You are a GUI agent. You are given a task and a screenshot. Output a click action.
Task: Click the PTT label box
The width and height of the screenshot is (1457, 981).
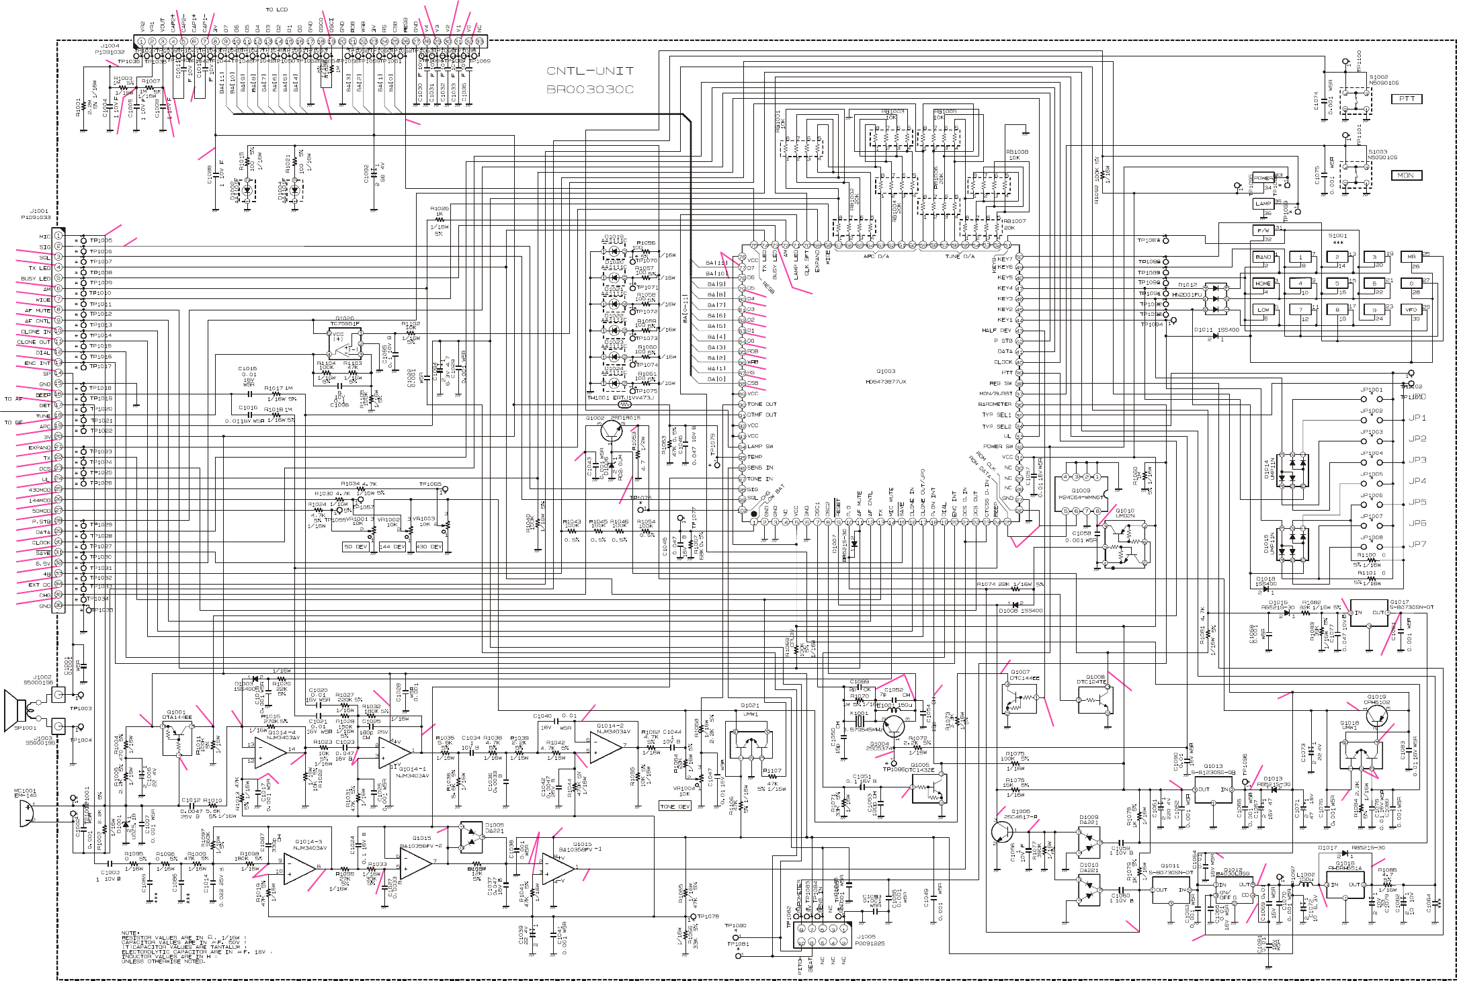coord(1407,99)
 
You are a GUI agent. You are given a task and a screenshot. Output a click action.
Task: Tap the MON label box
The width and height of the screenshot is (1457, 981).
coord(1405,175)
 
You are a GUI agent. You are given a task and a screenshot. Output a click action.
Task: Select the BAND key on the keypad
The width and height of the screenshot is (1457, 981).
coord(1263,257)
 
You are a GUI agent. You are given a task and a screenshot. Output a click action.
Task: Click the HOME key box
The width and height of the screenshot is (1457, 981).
coord(1263,284)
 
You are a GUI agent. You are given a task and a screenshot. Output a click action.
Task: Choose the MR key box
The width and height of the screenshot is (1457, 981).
coord(1411,257)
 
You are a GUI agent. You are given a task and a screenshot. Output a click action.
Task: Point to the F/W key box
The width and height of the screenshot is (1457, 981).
coord(1263,230)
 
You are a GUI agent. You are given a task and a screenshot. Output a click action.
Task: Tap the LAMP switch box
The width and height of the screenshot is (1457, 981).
coord(1263,204)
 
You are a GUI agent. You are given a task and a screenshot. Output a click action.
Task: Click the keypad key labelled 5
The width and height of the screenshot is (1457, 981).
coord(1337,284)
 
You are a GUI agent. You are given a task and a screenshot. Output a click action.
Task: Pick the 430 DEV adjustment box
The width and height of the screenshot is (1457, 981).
coord(429,547)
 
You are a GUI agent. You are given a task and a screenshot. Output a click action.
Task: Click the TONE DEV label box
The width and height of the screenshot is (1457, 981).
coord(675,806)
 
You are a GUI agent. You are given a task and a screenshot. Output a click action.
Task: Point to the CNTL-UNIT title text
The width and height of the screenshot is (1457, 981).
coord(589,71)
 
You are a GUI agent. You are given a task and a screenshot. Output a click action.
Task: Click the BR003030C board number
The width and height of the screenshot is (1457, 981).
coord(589,89)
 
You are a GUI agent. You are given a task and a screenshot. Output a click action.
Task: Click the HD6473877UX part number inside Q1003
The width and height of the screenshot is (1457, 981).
coord(886,382)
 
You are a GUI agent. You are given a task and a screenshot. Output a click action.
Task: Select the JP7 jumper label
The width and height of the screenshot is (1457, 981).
coord(1417,544)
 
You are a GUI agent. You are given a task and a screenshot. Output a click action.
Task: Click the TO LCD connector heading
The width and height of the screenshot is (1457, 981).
coord(276,9)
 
